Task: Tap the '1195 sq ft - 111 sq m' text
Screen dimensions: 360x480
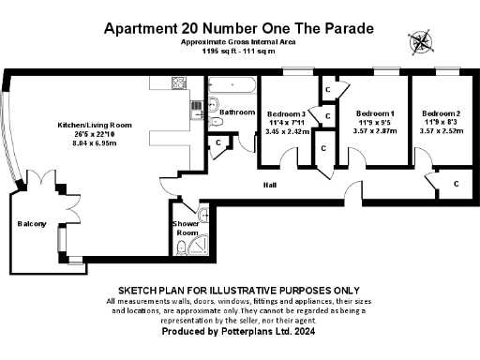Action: [x=239, y=52]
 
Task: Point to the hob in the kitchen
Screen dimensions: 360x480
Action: [x=179, y=83]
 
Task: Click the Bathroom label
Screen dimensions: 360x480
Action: [x=237, y=112]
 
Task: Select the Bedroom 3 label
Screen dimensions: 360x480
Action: [x=286, y=112]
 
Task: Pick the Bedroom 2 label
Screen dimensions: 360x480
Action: [x=441, y=112]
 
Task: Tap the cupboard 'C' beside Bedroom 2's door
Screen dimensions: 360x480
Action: [x=456, y=184]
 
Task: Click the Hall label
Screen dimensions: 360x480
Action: [x=271, y=185]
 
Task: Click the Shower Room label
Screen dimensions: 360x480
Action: [x=185, y=229]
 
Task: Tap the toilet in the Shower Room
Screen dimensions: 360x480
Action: [x=179, y=247]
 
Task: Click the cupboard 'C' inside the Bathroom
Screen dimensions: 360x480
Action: [x=217, y=142]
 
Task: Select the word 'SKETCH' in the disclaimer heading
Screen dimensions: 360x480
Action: [x=141, y=291]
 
